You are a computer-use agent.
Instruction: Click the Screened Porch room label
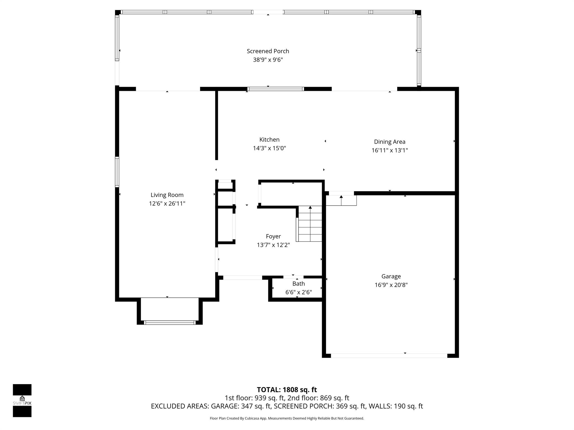coord(268,51)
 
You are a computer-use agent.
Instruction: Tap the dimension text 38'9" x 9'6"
coord(268,60)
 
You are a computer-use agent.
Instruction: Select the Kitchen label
coord(269,140)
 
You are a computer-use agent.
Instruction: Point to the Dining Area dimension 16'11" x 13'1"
coord(390,150)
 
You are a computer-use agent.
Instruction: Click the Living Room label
coord(167,195)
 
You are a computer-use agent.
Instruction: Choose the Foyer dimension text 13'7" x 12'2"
coord(273,245)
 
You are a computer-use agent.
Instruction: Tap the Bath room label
coord(298,284)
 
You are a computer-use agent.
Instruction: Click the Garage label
coord(391,277)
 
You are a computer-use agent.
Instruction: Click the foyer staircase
coord(310,224)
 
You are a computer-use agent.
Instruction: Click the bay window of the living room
coord(170,322)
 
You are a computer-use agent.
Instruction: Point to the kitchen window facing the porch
coord(276,89)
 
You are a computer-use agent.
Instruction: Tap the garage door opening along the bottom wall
coord(389,356)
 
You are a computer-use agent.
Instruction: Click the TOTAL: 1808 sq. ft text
coord(287,390)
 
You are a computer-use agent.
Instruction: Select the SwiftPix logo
coord(22,401)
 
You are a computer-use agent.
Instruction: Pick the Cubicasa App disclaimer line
coord(287,419)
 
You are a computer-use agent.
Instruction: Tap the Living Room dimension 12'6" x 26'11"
coord(167,204)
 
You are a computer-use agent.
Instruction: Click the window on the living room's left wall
coord(117,172)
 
